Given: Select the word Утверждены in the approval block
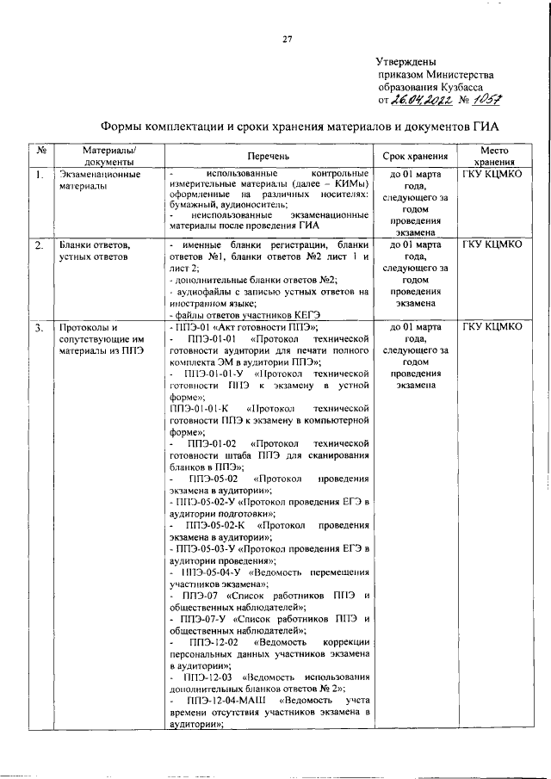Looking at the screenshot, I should point(406,62).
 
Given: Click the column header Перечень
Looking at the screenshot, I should point(269,157).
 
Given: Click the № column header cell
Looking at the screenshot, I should point(40,151).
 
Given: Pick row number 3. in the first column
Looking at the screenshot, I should point(39,328).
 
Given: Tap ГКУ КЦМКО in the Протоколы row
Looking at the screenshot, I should point(492,328).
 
